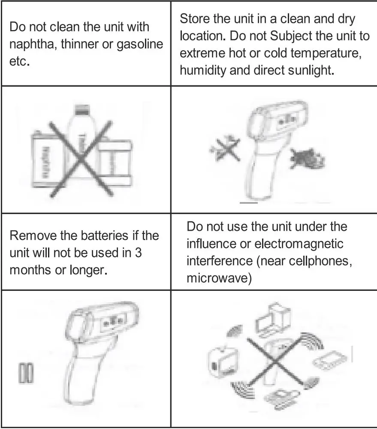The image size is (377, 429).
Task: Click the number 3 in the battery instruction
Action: click(138, 253)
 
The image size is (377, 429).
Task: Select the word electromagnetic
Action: click(299, 244)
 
